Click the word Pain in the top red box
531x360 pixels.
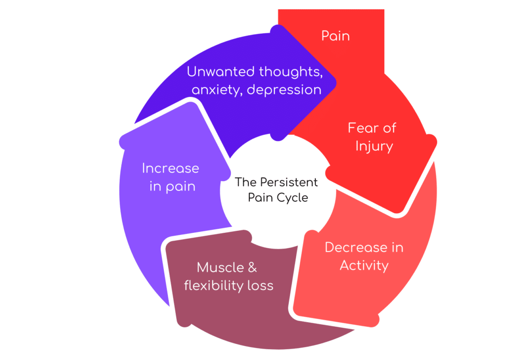tap(336, 36)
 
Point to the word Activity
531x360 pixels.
tap(364, 266)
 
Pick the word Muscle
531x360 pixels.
tap(220, 268)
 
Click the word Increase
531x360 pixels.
tap(171, 169)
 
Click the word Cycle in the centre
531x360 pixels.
tap(294, 198)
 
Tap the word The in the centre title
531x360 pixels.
tap(244, 183)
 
